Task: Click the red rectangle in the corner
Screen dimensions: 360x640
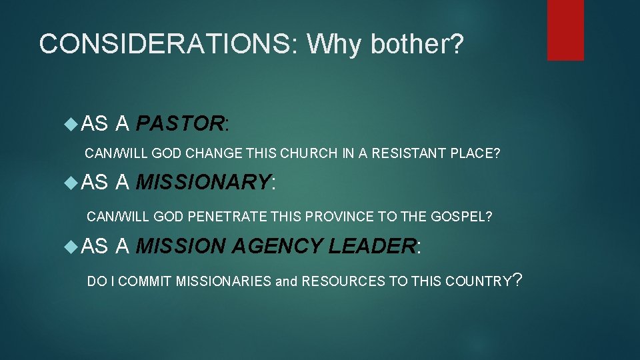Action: click(565, 29)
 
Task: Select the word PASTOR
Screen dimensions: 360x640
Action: click(179, 123)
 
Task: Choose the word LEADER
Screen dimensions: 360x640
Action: click(373, 247)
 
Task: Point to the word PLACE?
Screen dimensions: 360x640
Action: click(475, 153)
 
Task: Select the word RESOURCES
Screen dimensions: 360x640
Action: click(343, 281)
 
